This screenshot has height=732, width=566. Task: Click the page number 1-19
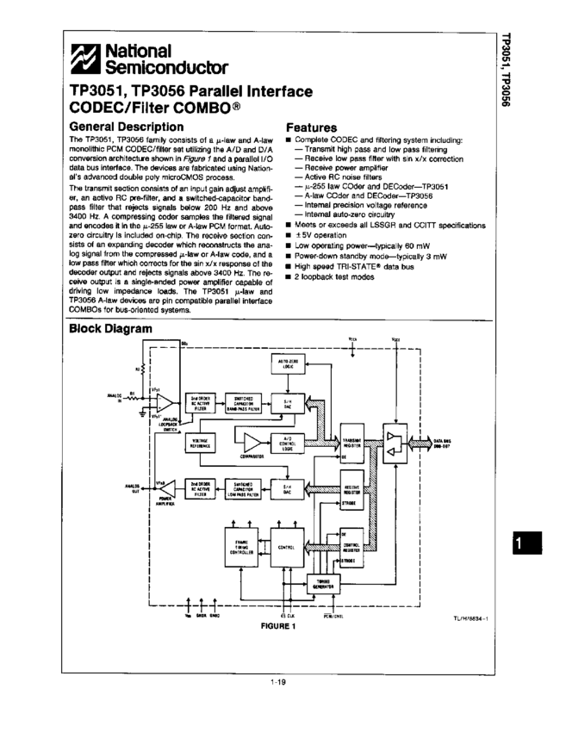[277, 682]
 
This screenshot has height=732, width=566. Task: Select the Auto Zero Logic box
[288, 363]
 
